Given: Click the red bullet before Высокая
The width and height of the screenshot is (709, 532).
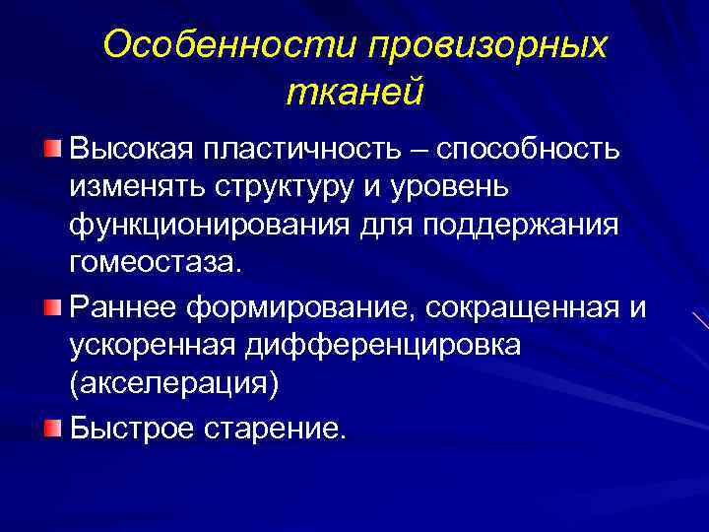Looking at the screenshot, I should click(51, 148).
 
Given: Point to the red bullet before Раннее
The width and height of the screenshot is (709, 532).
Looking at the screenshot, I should click(51, 310).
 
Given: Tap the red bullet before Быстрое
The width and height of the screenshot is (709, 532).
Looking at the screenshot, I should click(51, 427).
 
